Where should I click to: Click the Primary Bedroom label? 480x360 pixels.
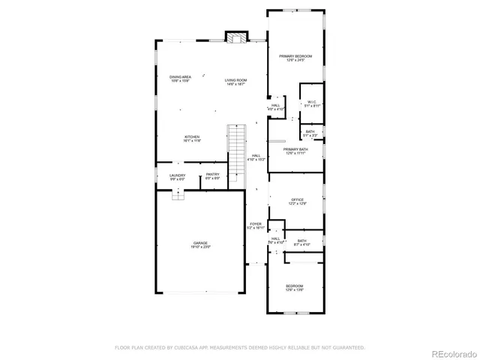pyautogui.click(x=295, y=56)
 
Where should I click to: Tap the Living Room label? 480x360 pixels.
pyautogui.click(x=236, y=80)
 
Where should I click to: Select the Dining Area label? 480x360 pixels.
pyautogui.click(x=180, y=76)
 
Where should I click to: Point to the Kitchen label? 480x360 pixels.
pyautogui.click(x=192, y=136)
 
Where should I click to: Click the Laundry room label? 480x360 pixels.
pyautogui.click(x=177, y=175)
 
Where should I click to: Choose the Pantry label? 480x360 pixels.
pyautogui.click(x=213, y=175)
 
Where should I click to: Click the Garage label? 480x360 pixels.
pyautogui.click(x=200, y=243)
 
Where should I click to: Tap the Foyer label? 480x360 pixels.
pyautogui.click(x=256, y=223)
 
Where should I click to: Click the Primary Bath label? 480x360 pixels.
pyautogui.click(x=296, y=149)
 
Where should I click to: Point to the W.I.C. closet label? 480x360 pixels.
pyautogui.click(x=311, y=102)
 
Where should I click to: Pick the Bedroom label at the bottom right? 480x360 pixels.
pyautogui.click(x=295, y=286)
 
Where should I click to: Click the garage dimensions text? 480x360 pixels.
pyautogui.click(x=201, y=247)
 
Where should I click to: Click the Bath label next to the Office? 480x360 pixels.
pyautogui.click(x=302, y=241)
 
